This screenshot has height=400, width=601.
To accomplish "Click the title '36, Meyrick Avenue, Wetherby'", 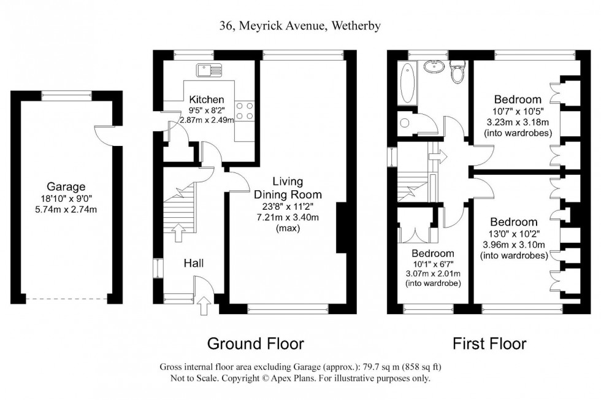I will coord(300,25).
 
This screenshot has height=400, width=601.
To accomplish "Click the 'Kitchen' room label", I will coord(206,99).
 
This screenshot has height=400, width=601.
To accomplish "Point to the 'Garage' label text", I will coord(66,187).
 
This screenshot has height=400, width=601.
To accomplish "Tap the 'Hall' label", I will coord(194,263).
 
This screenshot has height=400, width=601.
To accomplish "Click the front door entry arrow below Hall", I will coord(204,305).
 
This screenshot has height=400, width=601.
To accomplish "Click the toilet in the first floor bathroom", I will coord(457,72).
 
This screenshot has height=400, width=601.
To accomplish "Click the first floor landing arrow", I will coord(438,156).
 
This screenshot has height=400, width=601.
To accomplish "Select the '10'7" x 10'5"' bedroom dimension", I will coord(518,111).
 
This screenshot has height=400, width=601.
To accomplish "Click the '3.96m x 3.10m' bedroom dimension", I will coord(514,245).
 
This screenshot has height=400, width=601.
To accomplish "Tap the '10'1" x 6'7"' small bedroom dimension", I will coord(432,264).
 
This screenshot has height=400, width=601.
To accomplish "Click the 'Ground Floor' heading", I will coord(255,344).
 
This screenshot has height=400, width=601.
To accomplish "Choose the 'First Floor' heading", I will coord(489,344).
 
